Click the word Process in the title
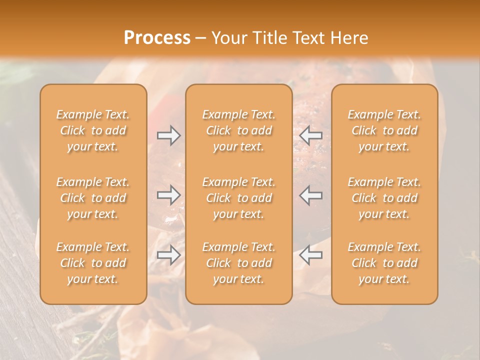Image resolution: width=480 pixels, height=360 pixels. pyautogui.click(x=157, y=38)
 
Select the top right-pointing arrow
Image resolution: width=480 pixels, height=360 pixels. pyautogui.click(x=169, y=135)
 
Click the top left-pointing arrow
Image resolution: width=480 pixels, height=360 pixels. pyautogui.click(x=310, y=135)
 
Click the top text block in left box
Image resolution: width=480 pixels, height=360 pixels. pyautogui.click(x=93, y=130)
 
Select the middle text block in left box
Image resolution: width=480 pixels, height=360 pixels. pyautogui.click(x=93, y=198)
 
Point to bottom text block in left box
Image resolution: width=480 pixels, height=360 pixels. pyautogui.click(x=93, y=263)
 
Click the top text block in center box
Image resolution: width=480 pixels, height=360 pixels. pyautogui.click(x=238, y=130)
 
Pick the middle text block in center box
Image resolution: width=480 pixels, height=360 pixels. pyautogui.click(x=238, y=198)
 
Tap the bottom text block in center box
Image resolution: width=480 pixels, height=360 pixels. pyautogui.click(x=238, y=263)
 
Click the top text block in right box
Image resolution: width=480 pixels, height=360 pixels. pyautogui.click(x=384, y=130)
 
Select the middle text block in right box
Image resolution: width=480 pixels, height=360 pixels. pyautogui.click(x=384, y=198)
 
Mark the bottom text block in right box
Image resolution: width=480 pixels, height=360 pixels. pyautogui.click(x=384, y=263)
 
